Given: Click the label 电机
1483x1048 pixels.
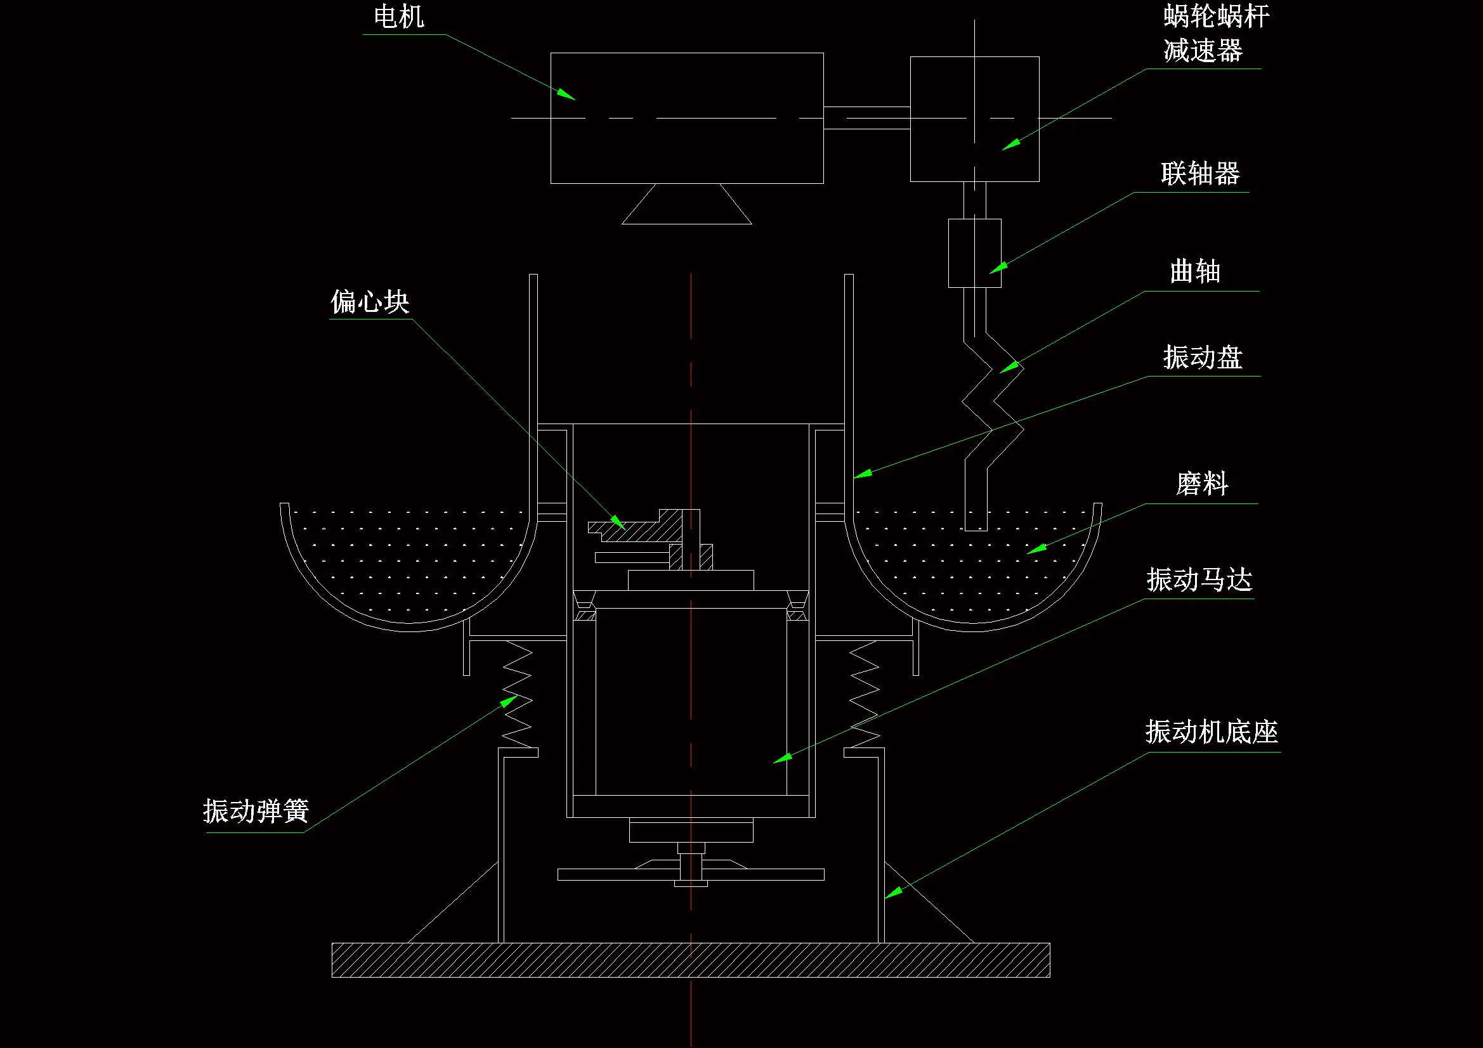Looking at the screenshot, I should point(398,16).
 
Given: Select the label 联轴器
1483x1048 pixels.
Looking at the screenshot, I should point(1199,174).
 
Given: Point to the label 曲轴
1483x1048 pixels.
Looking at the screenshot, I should point(1194,272).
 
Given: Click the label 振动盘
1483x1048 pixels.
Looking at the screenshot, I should point(1202,357).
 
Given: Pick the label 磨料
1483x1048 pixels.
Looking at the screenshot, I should point(1201,484).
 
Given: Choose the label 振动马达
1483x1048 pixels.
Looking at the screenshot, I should point(1199,580).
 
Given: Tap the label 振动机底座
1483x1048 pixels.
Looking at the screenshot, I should point(1211,732).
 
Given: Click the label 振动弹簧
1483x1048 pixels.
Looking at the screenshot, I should point(256,811).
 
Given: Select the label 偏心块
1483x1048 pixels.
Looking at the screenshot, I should point(369,302).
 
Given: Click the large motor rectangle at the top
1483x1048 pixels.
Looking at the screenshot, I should point(686,148).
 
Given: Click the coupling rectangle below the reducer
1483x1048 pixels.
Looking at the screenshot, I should point(974,253).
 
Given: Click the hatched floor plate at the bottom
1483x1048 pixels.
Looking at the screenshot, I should point(690,959).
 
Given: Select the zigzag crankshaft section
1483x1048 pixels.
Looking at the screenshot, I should point(992,400).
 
